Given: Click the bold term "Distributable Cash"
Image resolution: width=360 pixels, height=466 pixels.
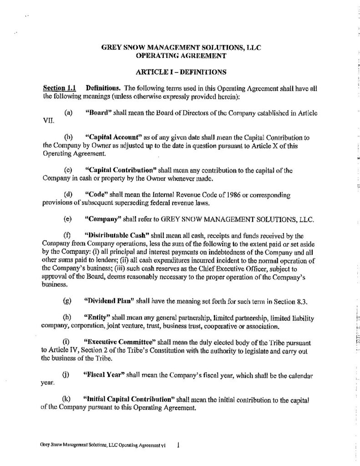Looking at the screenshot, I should point(112,236).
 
